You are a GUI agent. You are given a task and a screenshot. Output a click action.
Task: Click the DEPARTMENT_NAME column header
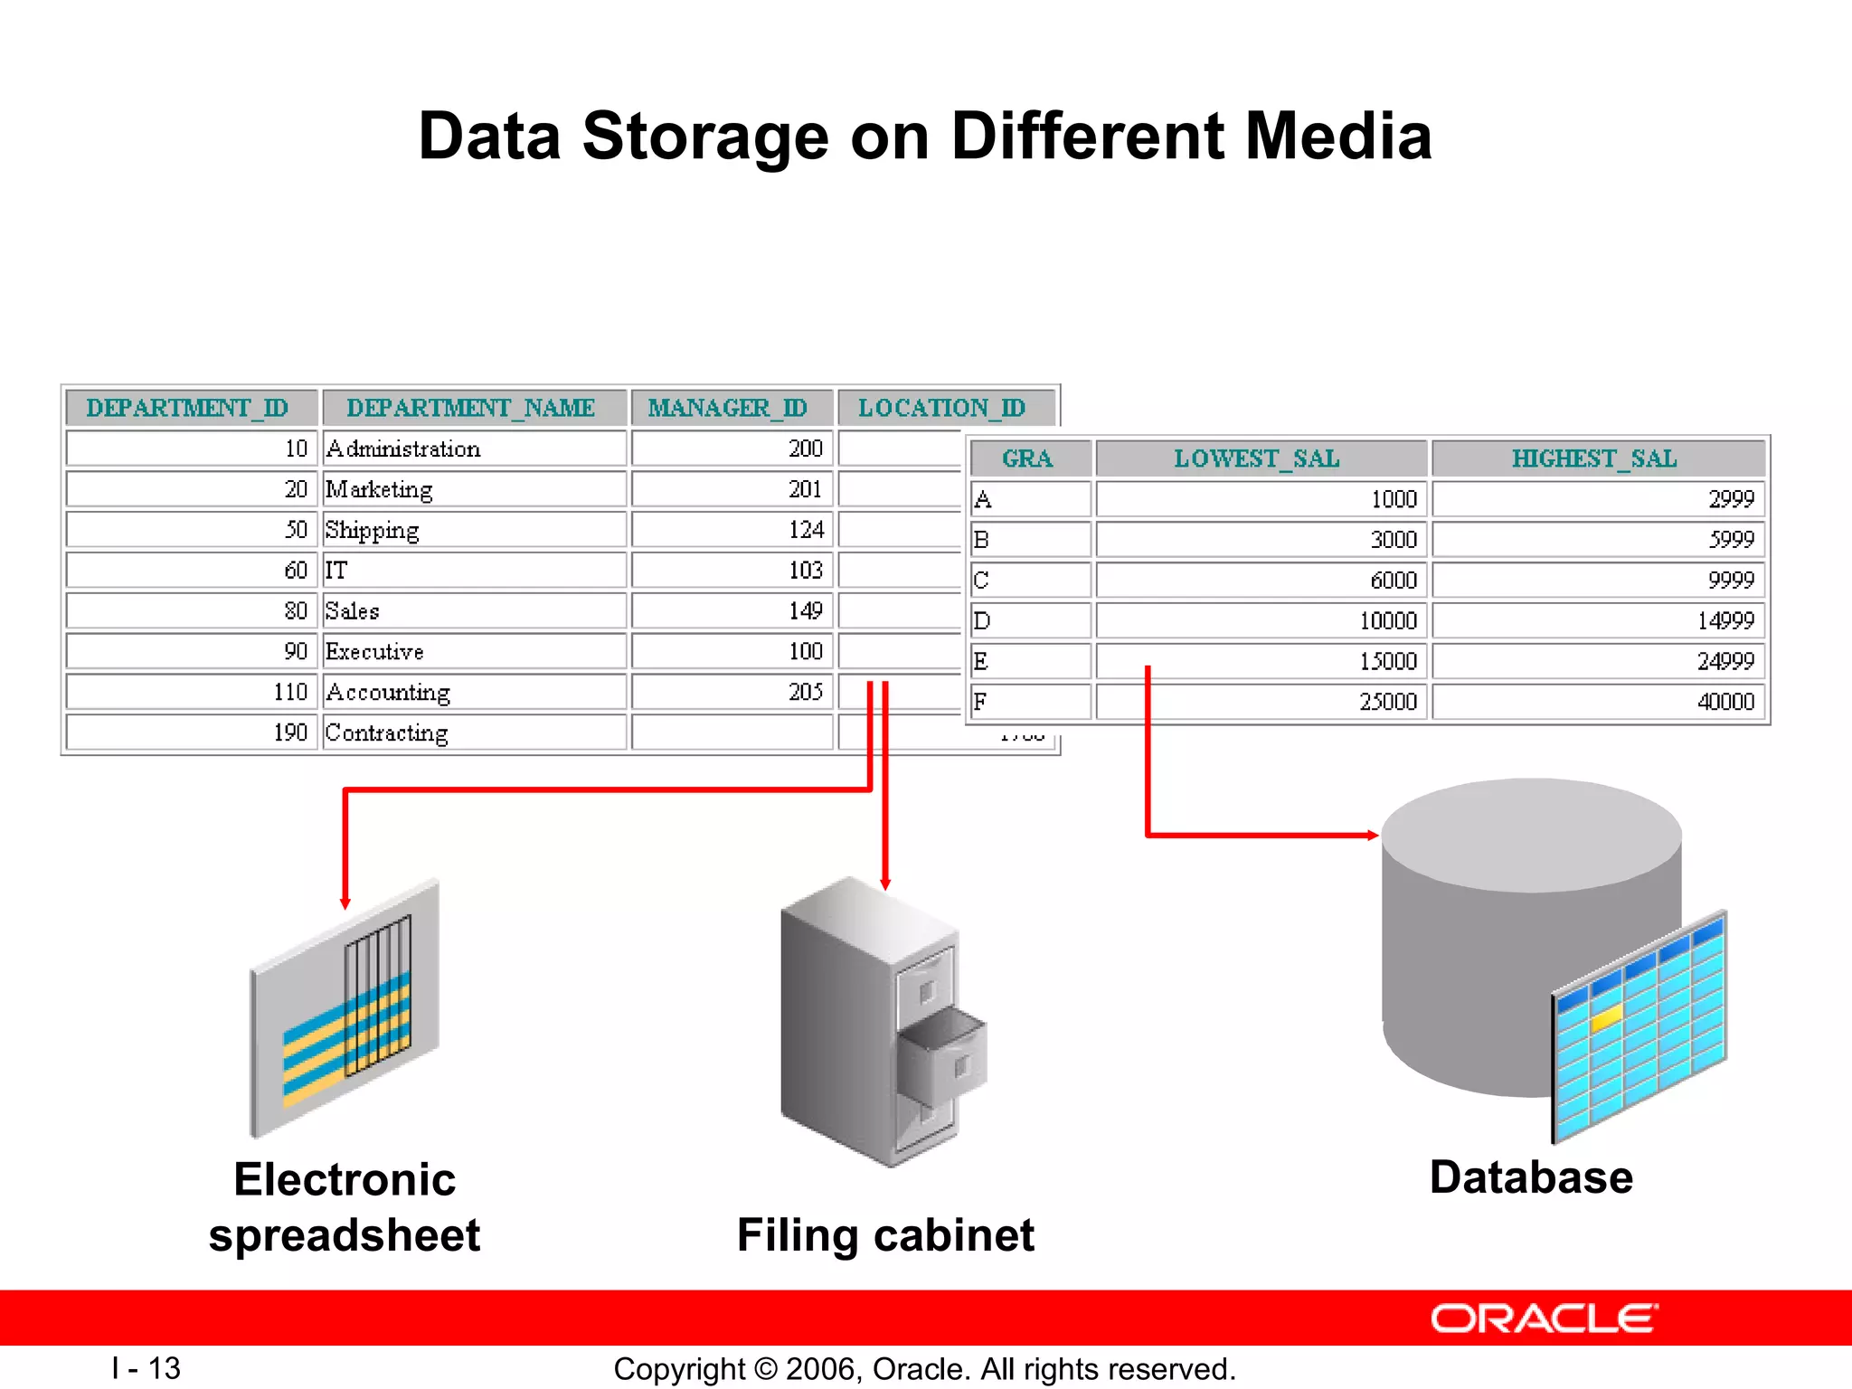click(471, 408)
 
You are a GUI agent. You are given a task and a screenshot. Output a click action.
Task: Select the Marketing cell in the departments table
click(380, 489)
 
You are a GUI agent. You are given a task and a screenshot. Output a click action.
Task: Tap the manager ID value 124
click(806, 530)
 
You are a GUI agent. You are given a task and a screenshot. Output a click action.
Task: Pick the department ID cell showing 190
click(290, 732)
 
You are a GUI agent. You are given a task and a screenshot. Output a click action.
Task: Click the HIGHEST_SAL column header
click(1594, 458)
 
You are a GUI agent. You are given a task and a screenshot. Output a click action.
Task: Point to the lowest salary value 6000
click(1393, 581)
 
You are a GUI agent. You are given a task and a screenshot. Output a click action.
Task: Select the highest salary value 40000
click(1725, 702)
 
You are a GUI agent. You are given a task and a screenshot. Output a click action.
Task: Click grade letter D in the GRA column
click(982, 621)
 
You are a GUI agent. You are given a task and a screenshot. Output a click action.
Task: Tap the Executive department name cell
click(374, 652)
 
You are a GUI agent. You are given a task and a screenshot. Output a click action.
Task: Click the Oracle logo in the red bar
click(1544, 1318)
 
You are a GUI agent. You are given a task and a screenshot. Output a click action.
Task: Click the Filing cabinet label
click(885, 1235)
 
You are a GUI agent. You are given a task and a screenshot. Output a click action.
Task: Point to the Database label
click(1531, 1177)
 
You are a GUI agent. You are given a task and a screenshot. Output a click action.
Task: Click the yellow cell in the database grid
click(1606, 1019)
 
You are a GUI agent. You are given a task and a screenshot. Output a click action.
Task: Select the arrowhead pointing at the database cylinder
click(1373, 835)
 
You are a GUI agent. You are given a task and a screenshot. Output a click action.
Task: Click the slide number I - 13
click(146, 1368)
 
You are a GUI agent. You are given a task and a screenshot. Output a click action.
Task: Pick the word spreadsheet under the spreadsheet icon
click(345, 1235)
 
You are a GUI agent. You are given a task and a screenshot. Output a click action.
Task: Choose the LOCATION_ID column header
click(941, 408)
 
